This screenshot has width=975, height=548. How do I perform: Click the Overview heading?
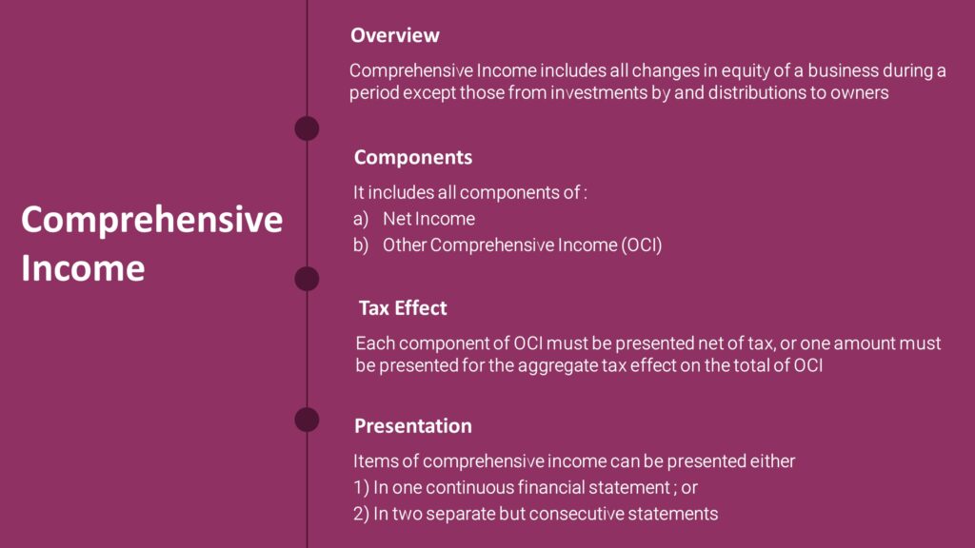tap(394, 35)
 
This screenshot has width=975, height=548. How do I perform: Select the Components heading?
tap(412, 157)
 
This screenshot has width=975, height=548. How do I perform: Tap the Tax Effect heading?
tap(403, 308)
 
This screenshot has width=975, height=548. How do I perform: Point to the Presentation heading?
tap(412, 425)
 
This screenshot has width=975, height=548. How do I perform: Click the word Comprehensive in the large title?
tap(151, 220)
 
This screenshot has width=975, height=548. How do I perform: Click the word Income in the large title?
tap(83, 267)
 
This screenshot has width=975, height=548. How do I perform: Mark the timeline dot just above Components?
tap(307, 128)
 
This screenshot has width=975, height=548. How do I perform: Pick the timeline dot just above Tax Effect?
tap(307, 279)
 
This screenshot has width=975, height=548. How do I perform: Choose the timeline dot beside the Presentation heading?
tap(307, 420)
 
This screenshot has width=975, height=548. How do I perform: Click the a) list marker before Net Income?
tap(360, 219)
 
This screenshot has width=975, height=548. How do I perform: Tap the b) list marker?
tap(360, 245)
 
